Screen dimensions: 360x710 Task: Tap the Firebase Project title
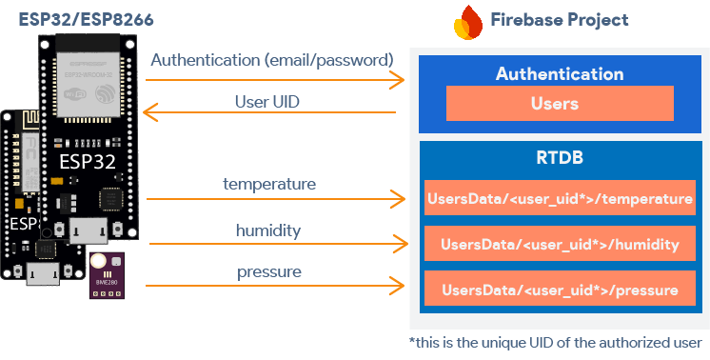pos(559,20)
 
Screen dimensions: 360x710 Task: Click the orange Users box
pos(559,104)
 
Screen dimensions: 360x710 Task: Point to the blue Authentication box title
pos(560,73)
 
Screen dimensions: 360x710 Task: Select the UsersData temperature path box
pos(560,199)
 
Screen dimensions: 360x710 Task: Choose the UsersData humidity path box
pos(560,245)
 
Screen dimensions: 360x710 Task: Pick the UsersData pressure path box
pos(560,290)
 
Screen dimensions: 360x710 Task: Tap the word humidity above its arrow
pos(269,230)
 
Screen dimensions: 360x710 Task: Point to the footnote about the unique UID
pos(555,343)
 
